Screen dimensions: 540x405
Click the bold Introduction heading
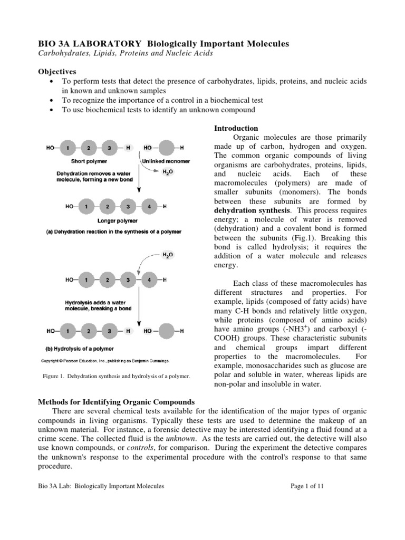point(236,128)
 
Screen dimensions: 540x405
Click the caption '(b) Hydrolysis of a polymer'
point(78,349)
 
